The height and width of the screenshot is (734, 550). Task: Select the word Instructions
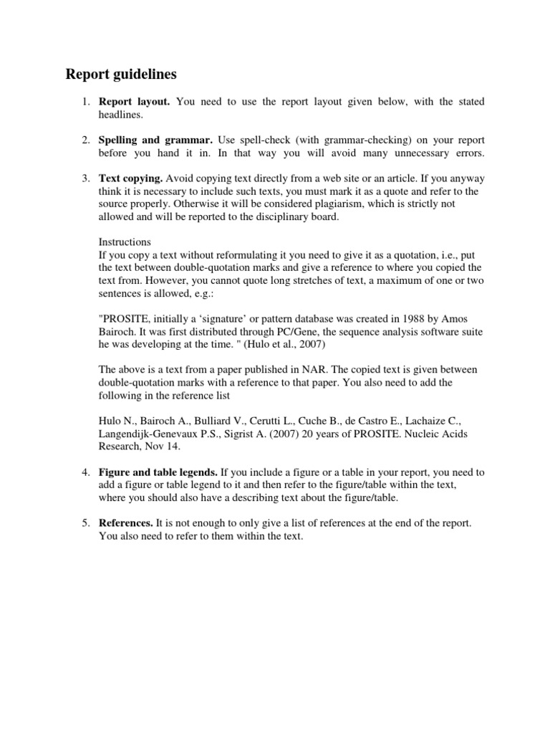[125, 242]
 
